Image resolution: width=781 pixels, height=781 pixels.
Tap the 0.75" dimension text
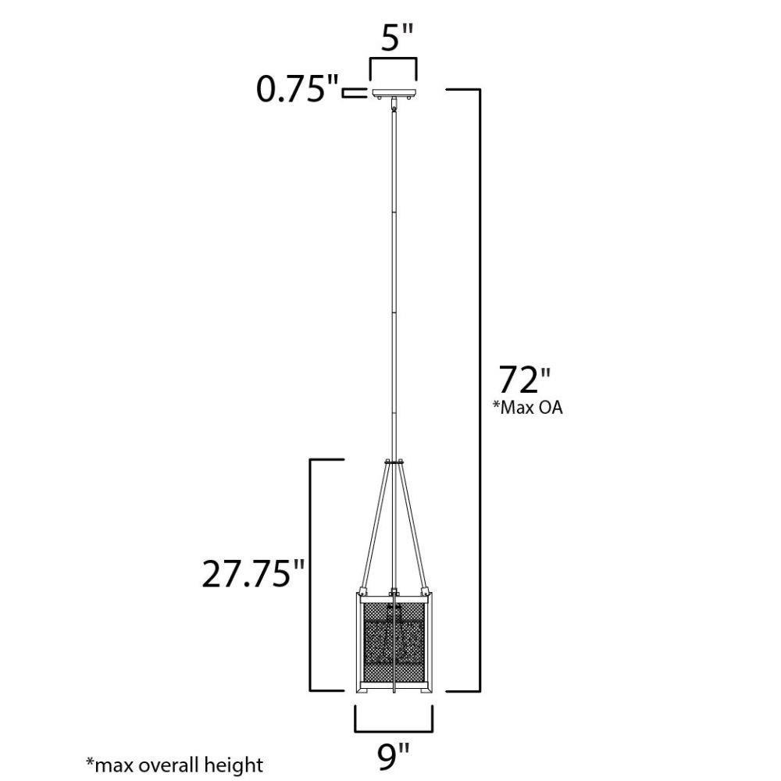[298, 89]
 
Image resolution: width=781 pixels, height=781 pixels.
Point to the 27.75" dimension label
[253, 573]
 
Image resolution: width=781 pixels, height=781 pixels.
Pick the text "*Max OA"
[527, 408]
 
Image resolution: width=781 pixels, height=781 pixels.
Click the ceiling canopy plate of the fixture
[394, 93]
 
